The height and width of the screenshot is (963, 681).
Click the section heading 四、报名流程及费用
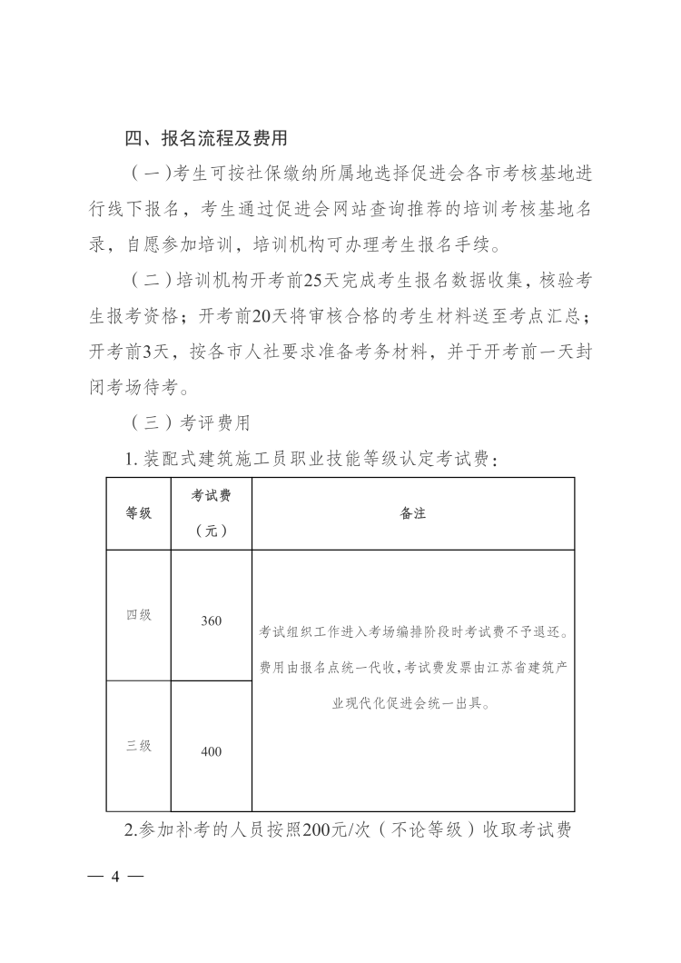pos(206,139)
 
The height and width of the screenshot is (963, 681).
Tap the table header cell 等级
pos(138,513)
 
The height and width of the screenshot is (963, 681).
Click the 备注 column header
pos(413,513)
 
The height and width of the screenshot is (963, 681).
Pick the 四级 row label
pos(138,615)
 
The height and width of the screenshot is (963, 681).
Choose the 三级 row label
pos(138,746)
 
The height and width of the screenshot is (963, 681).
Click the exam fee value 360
pos(211,621)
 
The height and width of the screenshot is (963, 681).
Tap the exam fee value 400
pos(211,751)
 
